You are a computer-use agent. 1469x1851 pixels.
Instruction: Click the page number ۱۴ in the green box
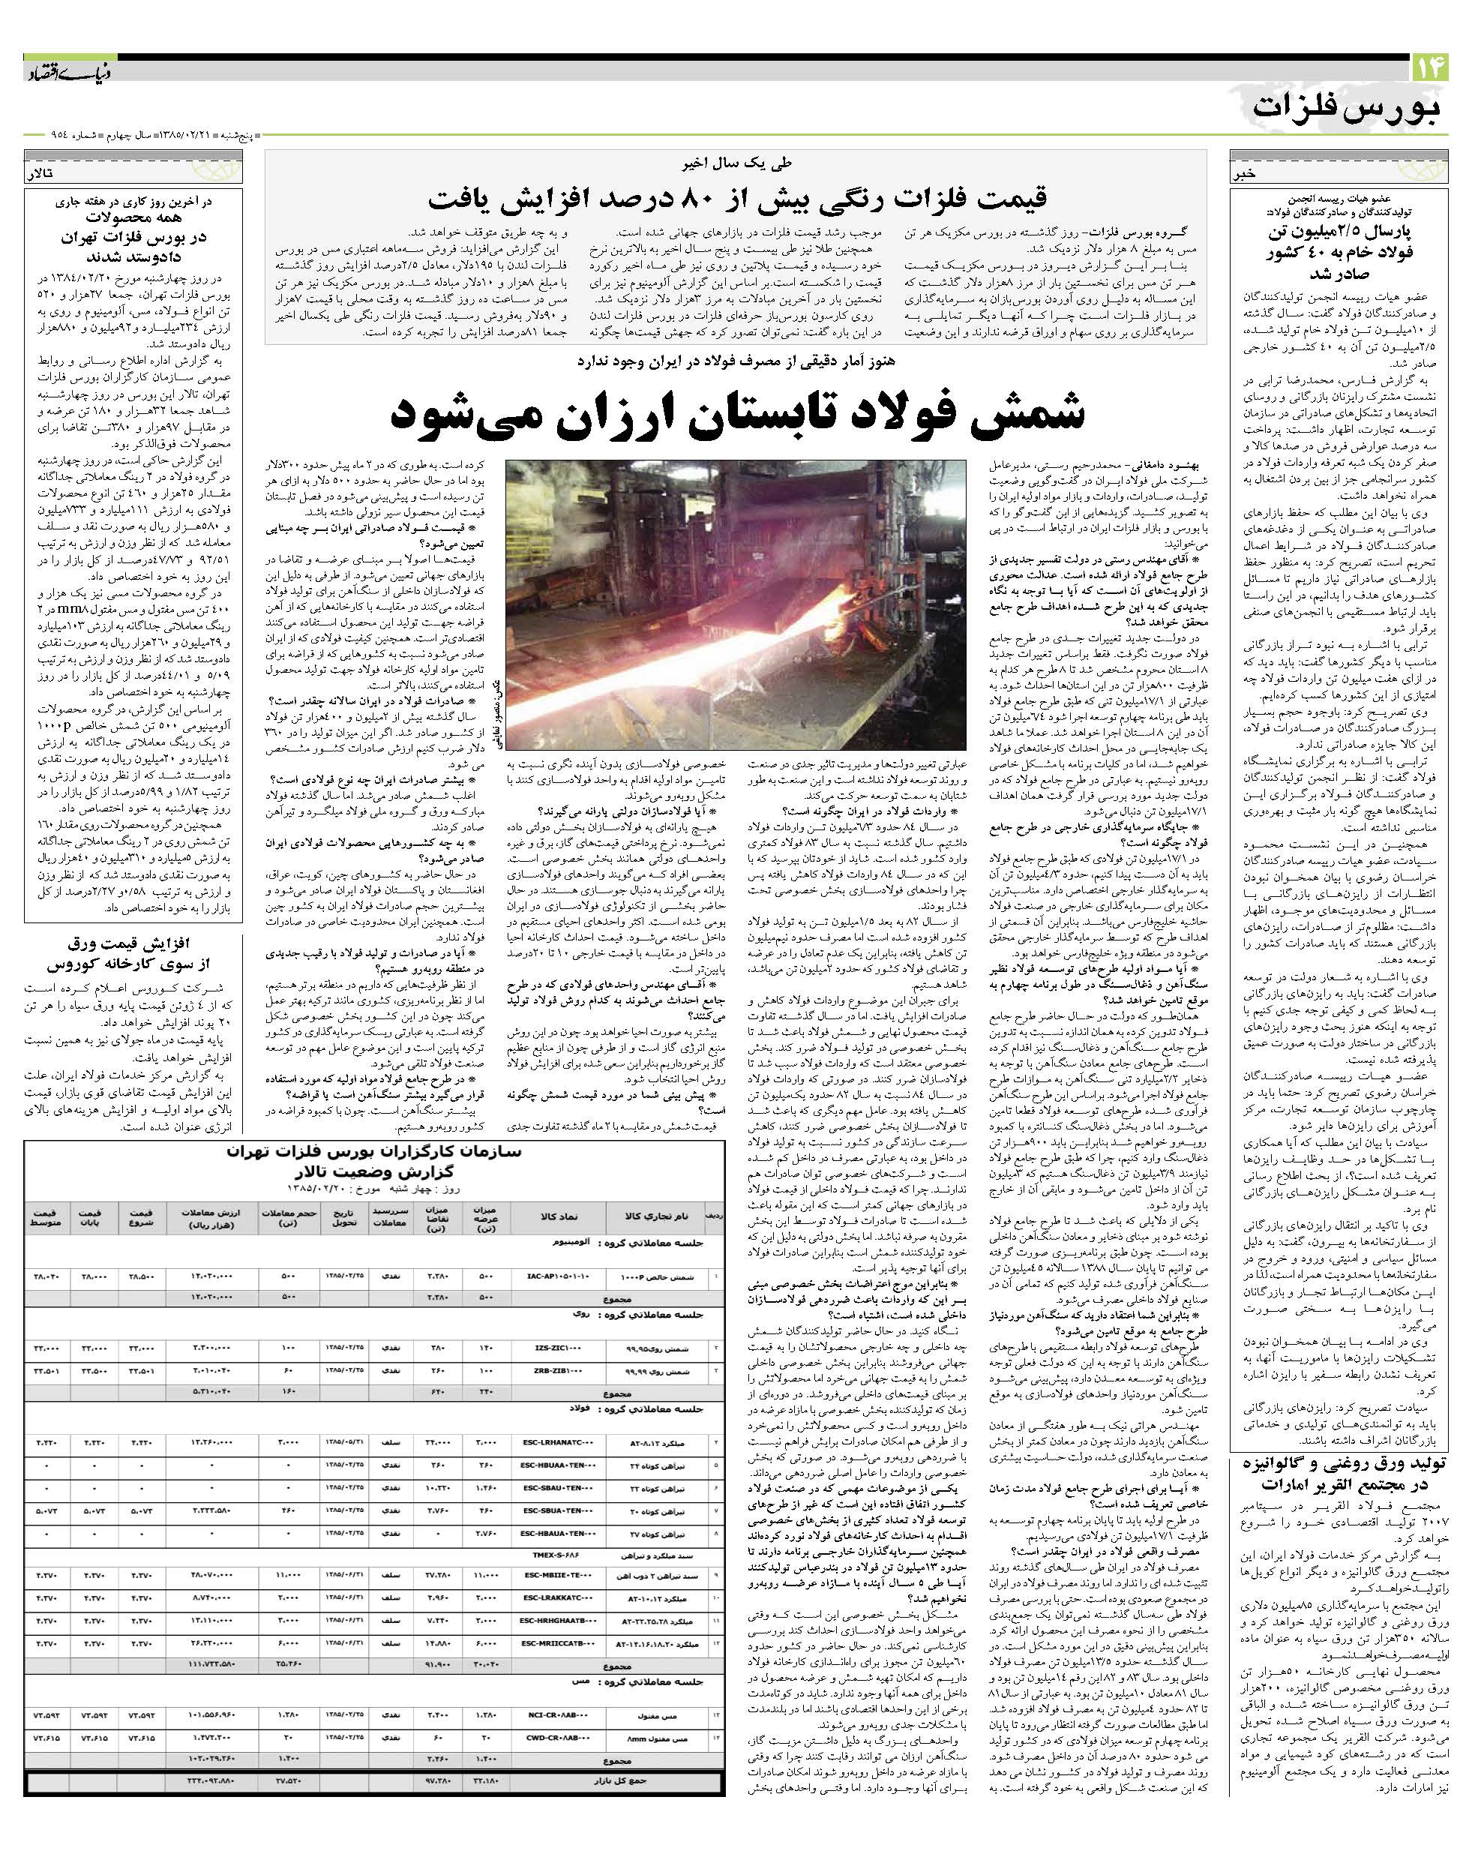[1429, 67]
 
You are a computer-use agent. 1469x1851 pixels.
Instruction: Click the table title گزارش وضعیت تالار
[373, 1172]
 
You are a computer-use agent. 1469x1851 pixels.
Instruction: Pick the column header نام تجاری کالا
[658, 1217]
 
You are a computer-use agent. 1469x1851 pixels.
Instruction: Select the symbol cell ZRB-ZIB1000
[563, 1371]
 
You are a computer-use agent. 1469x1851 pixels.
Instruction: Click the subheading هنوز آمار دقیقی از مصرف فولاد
[736, 361]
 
